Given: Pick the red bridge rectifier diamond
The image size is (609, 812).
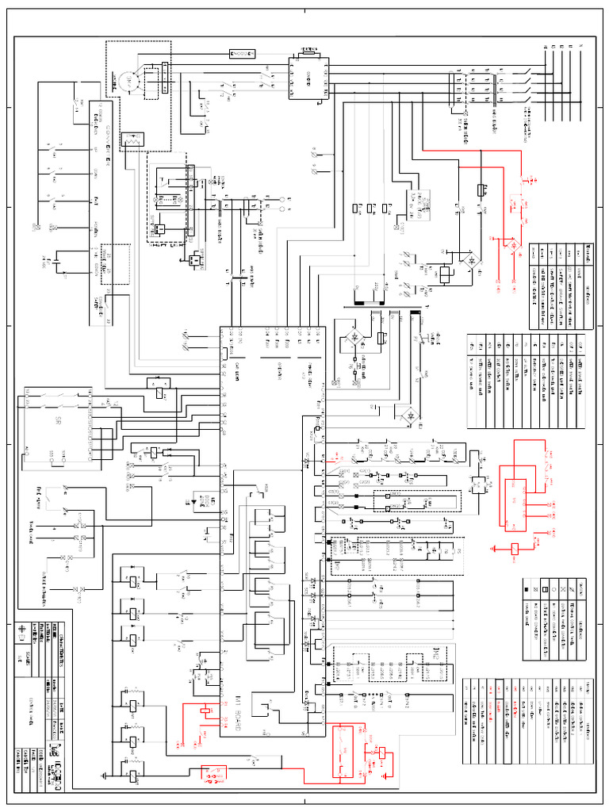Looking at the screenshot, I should click(x=511, y=247).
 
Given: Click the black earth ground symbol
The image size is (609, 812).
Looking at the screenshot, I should click(x=106, y=776).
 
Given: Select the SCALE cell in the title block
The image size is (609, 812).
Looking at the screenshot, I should click(x=21, y=658).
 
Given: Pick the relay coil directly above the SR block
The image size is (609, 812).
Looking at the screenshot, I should click(x=159, y=391).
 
